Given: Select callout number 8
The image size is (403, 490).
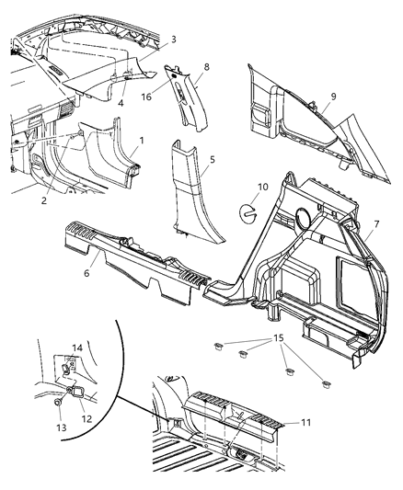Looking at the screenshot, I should click(206, 67).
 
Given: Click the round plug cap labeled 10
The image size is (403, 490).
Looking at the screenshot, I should click(248, 211).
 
